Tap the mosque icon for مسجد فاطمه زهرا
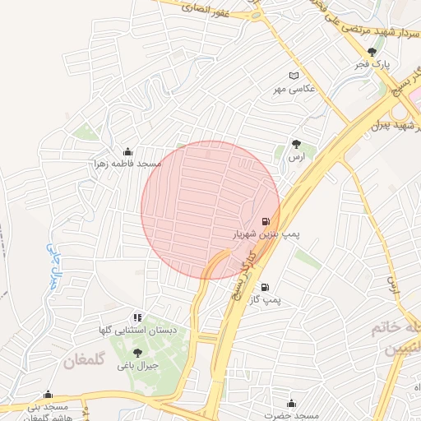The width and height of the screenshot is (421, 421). pos(127,151)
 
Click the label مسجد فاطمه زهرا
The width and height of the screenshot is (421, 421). pos(127,164)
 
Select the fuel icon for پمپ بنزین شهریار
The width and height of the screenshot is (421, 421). pos(265,221)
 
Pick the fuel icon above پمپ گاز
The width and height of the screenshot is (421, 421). pos(265,287)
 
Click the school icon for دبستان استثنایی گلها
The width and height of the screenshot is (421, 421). pos(136,317)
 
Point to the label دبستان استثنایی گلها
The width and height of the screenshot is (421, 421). pos(139,330)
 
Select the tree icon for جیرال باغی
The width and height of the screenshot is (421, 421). pos(136,353)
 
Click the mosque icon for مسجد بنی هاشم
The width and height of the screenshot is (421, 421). pos(48,394)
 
